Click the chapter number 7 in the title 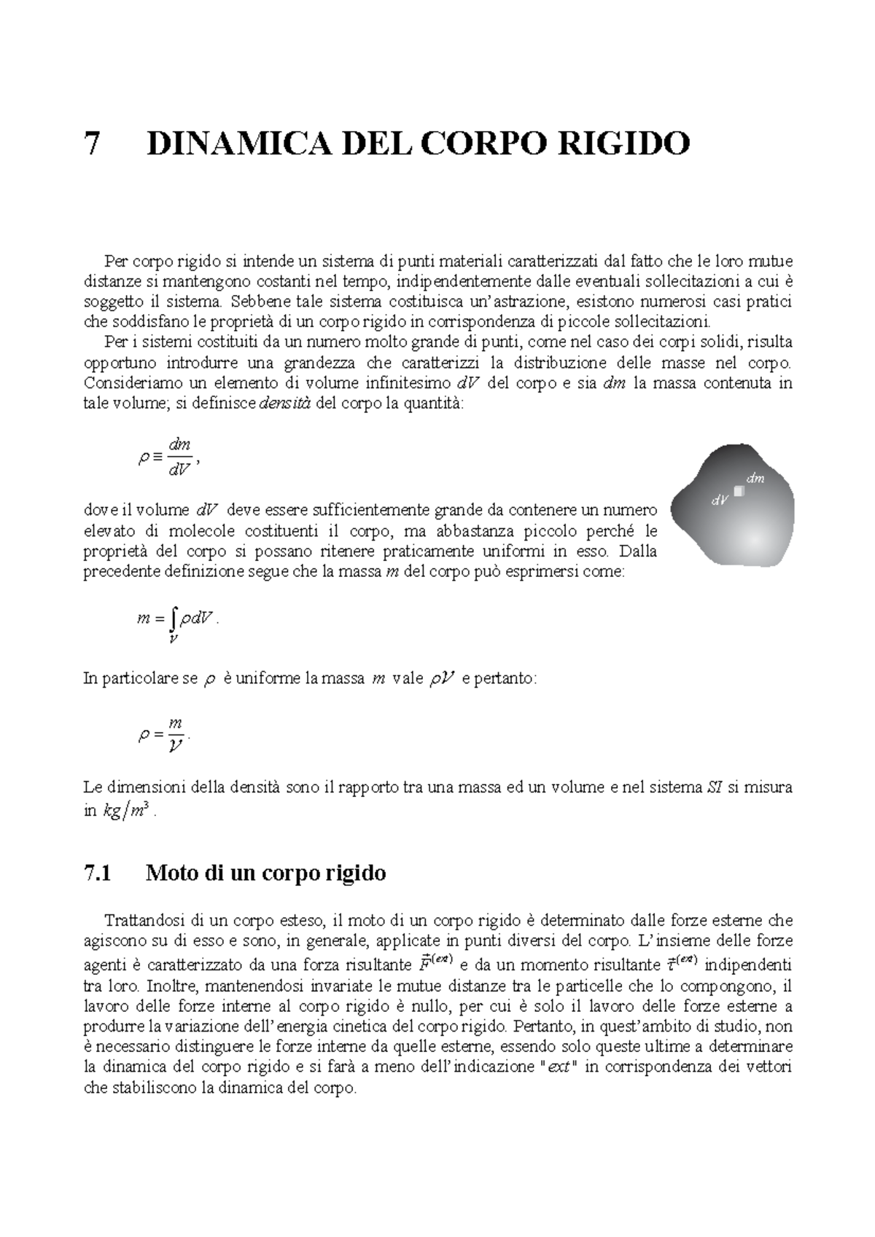coord(92,144)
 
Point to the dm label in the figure coord(755,479)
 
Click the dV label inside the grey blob coord(720,500)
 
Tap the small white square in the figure coord(739,491)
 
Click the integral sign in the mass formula coord(173,619)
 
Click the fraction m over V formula coord(175,735)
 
